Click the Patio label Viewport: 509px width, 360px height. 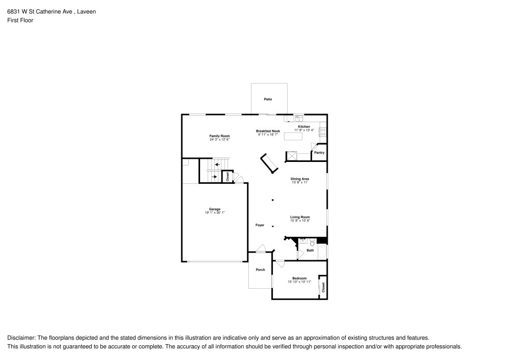point(268,99)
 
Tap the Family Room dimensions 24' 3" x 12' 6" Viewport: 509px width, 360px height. point(219,140)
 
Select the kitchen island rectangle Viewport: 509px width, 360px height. point(293,136)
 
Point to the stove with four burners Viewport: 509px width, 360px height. point(323,132)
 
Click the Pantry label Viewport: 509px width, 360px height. point(319,153)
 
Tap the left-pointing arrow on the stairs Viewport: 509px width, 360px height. point(217,164)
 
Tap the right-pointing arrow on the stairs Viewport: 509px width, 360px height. point(214,177)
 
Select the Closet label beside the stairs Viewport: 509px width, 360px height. point(228,177)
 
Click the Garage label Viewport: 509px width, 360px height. point(215,209)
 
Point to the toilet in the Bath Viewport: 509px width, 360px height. point(313,242)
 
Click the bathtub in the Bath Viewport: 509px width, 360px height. point(322,252)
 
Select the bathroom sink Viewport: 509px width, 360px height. point(303,241)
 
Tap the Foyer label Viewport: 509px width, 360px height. point(260,225)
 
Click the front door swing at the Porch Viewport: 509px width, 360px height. point(260,248)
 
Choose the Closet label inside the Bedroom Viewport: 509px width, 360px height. point(323,287)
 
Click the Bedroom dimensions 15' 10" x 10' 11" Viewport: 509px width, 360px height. point(299,282)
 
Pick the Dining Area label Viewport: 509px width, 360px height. point(300,179)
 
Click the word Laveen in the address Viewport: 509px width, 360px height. point(87,12)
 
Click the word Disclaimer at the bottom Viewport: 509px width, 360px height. point(21,338)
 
